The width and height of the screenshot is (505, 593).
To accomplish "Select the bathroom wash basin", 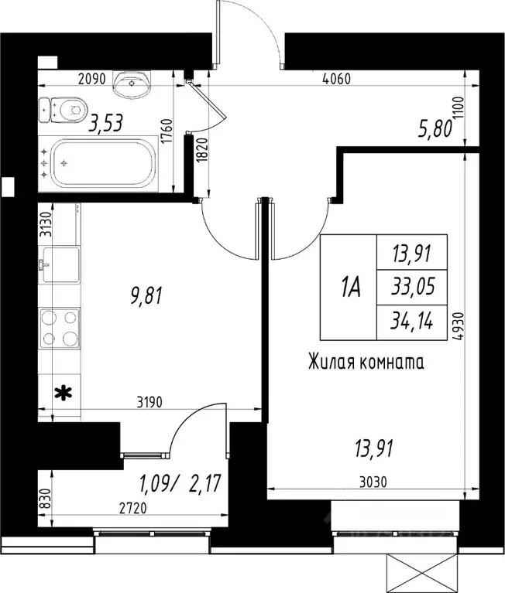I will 134,82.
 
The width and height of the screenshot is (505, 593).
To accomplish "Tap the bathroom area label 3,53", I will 106,123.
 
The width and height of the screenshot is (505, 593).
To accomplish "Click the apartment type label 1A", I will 349,288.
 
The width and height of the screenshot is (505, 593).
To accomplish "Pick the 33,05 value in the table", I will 411,288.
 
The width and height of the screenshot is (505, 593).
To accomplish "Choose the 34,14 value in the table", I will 411,322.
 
